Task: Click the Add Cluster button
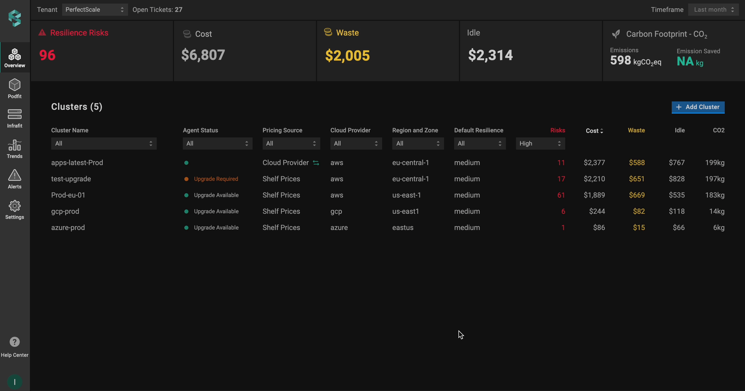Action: [698, 107]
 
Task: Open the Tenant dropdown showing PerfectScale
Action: [95, 10]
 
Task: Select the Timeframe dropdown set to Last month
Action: [713, 10]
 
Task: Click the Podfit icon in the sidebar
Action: [14, 85]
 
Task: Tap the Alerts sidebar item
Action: [14, 179]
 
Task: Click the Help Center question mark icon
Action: [14, 342]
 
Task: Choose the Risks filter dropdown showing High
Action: [540, 144]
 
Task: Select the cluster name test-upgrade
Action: [71, 179]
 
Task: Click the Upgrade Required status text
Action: [216, 179]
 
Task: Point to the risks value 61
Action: [561, 195]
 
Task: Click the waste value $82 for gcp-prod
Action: [638, 211]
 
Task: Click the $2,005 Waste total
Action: [347, 55]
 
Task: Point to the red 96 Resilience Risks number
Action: [47, 55]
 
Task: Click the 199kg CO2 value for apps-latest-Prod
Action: [714, 163]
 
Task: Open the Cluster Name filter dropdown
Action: [103, 144]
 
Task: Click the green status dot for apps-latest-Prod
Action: [186, 163]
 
